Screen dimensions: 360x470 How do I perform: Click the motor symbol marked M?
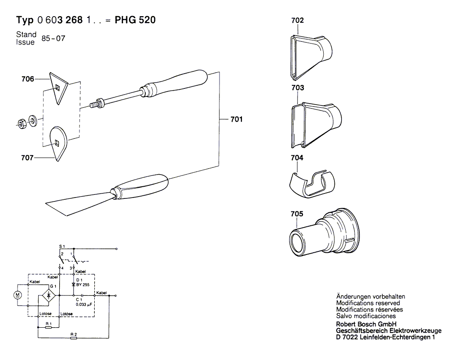click(18, 294)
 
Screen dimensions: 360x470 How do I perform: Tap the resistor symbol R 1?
click(48, 328)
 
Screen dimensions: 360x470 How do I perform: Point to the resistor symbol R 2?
click(74, 338)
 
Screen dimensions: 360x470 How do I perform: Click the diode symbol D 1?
click(73, 285)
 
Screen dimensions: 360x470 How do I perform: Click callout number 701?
click(236, 119)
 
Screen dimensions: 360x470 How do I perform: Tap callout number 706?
click(28, 79)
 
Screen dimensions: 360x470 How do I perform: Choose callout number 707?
click(28, 158)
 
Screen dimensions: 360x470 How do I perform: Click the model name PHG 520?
click(135, 20)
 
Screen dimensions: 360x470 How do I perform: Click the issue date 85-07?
click(53, 39)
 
